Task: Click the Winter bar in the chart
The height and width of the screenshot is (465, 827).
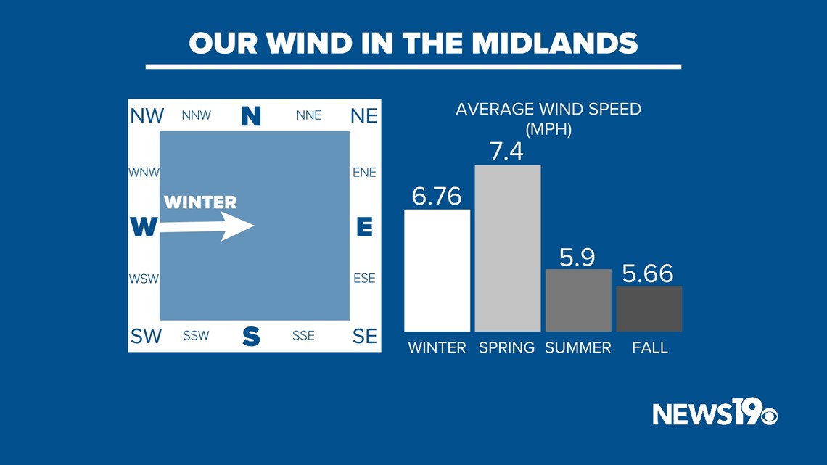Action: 437,271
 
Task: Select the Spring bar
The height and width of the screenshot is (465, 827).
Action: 507,248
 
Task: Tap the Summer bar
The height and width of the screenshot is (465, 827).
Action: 578,300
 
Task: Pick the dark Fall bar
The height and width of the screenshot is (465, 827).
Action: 649,309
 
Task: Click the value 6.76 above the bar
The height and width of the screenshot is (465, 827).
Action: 437,196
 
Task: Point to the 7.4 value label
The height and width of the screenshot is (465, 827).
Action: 507,152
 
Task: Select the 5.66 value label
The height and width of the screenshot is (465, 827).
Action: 648,273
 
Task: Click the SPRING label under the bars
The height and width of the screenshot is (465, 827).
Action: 507,348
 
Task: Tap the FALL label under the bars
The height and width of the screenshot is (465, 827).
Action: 650,348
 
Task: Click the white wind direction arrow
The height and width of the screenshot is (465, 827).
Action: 207,226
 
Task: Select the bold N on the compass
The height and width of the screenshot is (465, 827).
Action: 251,116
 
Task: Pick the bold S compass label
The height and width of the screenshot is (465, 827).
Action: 251,336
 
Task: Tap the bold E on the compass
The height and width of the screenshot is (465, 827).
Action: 364,227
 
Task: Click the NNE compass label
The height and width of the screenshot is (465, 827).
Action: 309,115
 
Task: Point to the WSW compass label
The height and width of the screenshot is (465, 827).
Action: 144,279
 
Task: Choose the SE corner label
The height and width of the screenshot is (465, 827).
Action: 364,337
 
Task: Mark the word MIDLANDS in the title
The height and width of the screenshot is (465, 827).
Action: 555,44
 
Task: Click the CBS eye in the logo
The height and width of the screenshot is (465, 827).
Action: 768,416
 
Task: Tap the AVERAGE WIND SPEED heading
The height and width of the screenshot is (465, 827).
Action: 548,109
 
